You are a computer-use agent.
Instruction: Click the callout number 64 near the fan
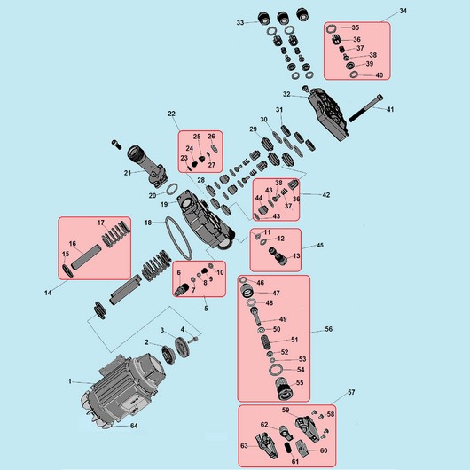tap(134, 426)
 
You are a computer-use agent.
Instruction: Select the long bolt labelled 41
tap(366, 108)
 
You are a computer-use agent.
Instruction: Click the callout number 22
tap(171, 114)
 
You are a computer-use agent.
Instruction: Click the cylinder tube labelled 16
tap(86, 256)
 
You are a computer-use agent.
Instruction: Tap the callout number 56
tap(328, 329)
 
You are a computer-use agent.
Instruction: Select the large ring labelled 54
tap(275, 370)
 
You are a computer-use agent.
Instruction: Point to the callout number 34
tap(403, 11)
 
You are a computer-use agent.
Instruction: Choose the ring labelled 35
tap(331, 28)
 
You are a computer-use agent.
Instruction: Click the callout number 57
tap(351, 392)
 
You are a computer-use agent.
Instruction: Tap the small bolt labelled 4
tap(193, 341)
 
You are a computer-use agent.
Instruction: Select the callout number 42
tap(326, 195)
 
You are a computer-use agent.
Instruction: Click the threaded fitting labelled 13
tap(278, 256)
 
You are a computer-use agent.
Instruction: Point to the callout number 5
tap(206, 308)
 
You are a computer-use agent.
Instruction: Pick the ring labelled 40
tap(354, 74)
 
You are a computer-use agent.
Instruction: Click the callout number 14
tap(48, 293)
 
